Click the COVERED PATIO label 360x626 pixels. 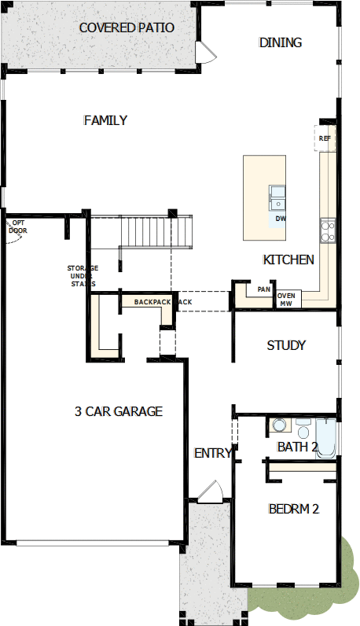(x=127, y=28)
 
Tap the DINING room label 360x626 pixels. (x=280, y=42)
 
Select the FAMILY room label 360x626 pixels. (x=105, y=120)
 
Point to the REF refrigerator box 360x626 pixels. (x=325, y=138)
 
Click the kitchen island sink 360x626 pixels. (x=277, y=197)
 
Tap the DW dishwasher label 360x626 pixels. (x=281, y=219)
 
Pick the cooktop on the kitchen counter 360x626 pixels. (x=328, y=230)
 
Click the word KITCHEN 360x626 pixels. (x=288, y=260)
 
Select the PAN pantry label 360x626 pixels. (x=264, y=289)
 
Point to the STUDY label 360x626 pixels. (x=286, y=345)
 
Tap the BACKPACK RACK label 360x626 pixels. (x=163, y=302)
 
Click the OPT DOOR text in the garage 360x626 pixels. (x=18, y=226)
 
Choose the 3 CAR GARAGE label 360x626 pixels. (x=119, y=411)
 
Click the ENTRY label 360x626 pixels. (x=212, y=453)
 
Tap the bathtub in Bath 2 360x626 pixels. (x=326, y=438)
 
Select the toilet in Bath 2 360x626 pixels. (x=303, y=429)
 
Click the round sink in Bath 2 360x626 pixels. (x=279, y=425)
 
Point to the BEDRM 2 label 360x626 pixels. (x=294, y=509)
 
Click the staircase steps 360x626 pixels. (x=156, y=232)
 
